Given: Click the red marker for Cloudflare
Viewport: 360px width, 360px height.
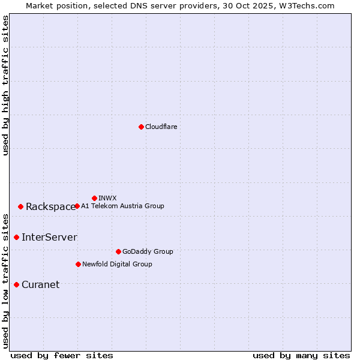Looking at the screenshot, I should pos(141,127).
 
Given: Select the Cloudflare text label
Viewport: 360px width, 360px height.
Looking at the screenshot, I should pos(161,127).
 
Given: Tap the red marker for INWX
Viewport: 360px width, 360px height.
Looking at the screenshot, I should pos(94,198).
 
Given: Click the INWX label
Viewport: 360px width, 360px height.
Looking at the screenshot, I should pos(107,198).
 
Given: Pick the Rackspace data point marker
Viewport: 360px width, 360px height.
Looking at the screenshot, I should pos(20,206).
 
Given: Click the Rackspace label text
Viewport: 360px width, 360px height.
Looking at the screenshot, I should pos(50,207).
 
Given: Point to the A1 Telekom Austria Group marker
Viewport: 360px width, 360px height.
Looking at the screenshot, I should pos(77,206).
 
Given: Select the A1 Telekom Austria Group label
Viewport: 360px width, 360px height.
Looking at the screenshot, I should pos(122,206).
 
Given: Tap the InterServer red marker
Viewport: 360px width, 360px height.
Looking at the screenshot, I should pos(16,237).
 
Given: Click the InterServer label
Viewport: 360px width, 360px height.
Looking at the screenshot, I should pos(49,238).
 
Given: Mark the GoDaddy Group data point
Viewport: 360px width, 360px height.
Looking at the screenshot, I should pos(118,251).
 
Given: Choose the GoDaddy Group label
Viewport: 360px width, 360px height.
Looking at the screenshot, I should pos(148,251).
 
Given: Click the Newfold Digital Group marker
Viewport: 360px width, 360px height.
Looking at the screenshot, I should pos(78,264).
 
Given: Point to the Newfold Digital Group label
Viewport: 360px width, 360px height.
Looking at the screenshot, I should pos(117,264).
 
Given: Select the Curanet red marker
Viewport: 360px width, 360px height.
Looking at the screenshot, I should pos(16,284).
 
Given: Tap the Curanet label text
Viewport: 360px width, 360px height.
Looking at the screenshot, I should pos(40,285).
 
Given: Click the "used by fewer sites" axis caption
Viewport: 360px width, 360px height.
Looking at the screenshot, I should pos(62,355).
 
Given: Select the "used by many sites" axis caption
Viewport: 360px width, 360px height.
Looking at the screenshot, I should pos(301,355).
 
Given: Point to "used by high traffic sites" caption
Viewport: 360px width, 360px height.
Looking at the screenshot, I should pos(5,85).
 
